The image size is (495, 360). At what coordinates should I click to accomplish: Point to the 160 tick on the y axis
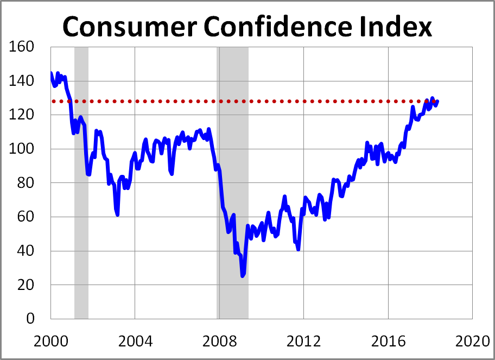tap(23, 47)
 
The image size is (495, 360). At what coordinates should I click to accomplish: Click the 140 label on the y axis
tap(23, 81)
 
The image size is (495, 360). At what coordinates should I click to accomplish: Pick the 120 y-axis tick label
tap(23, 115)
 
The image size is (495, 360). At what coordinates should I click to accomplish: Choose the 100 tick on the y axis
tap(23, 149)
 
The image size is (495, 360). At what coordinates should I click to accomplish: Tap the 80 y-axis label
tap(27, 183)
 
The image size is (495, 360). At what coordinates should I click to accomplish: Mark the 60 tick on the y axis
tap(27, 217)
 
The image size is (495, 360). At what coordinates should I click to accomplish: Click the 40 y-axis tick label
tap(27, 251)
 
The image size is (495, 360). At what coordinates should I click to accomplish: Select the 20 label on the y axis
tap(27, 285)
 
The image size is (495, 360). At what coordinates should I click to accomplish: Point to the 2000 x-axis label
tap(50, 343)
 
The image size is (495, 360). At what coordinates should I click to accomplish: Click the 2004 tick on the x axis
tap(135, 343)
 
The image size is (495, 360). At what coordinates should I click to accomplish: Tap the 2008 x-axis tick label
tap(219, 343)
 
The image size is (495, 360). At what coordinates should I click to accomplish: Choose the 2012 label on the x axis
tap(303, 343)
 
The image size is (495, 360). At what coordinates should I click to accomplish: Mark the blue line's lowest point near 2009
tap(243, 275)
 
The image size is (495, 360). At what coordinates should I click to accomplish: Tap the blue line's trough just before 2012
tap(299, 249)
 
